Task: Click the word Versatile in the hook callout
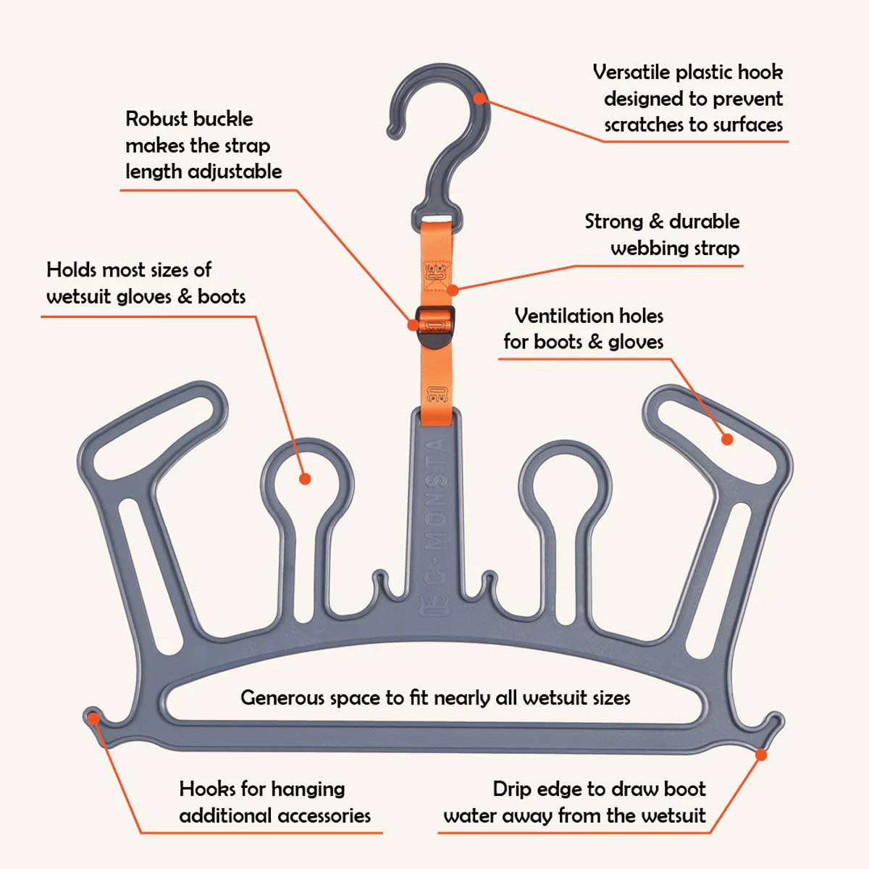[631, 72]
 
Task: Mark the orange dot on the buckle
[413, 325]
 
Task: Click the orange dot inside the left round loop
[305, 479]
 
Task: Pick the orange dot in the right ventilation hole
[727, 439]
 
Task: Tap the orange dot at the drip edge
[761, 755]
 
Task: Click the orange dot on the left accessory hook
[93, 718]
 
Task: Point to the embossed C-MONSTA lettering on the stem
[434, 529]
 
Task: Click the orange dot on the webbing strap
[453, 290]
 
